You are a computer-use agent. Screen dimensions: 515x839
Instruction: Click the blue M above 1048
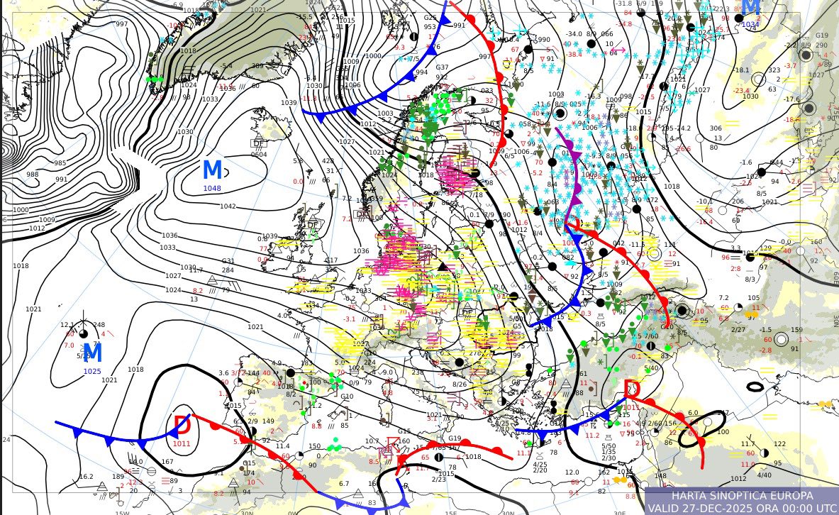pos(212,170)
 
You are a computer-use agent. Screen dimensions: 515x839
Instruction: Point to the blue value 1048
pos(213,188)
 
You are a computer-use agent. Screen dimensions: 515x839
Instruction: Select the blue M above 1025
pos(93,353)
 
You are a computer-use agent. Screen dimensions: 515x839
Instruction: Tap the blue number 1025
pos(92,371)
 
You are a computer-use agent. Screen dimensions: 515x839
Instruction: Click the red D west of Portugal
pos(182,426)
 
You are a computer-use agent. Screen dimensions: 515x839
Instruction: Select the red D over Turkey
pos(631,389)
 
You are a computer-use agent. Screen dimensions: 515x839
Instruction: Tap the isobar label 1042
pos(227,206)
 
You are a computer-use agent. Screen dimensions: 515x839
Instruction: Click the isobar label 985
pos(61,162)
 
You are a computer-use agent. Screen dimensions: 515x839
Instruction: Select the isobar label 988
pos(33,175)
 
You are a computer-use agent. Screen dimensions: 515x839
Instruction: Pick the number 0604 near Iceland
pos(259,155)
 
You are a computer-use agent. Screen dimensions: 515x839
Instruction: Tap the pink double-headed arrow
pos(617,50)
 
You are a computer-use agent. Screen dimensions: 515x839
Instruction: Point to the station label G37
pos(442,67)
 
